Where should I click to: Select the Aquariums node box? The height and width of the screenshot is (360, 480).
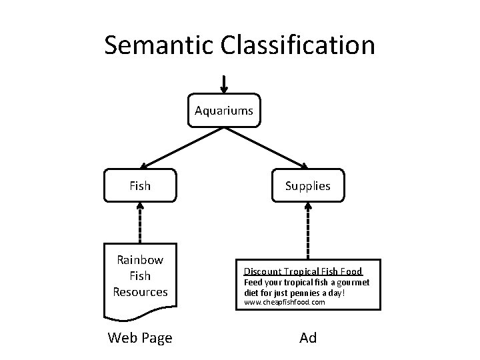(224, 110)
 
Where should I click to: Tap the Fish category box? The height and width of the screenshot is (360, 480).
(140, 186)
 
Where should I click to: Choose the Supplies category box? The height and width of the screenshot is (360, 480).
(307, 186)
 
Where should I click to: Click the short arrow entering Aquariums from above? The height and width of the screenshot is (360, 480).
(224, 84)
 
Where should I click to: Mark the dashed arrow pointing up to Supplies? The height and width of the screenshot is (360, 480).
(307, 230)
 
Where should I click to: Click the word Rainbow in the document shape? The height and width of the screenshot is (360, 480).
(140, 259)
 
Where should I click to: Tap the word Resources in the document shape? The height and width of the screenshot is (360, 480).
(140, 291)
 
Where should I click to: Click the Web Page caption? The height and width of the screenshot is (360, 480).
(140, 338)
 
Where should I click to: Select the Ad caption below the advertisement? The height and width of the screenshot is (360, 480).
(308, 338)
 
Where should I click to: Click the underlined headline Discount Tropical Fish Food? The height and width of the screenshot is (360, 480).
(303, 271)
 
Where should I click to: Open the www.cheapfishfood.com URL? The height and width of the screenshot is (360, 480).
(284, 302)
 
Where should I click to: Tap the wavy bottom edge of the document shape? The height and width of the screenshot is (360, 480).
(140, 313)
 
